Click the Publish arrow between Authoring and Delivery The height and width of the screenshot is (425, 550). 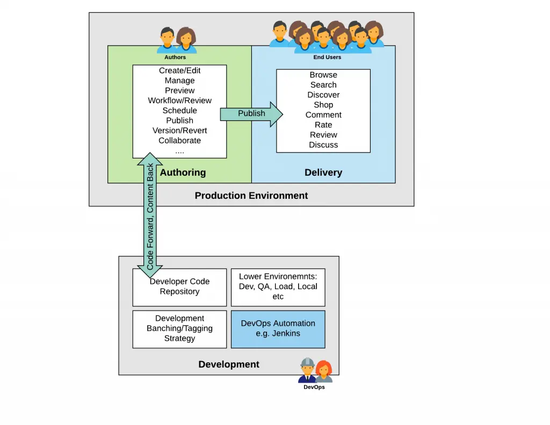point(251,113)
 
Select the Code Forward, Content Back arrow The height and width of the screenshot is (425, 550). point(150,215)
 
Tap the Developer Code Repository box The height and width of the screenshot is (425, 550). point(179,287)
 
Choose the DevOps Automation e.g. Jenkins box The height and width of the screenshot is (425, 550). point(278,329)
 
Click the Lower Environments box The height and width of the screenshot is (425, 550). point(278,287)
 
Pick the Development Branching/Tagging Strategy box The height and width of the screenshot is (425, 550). point(179,329)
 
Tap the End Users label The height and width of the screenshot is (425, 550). point(327,57)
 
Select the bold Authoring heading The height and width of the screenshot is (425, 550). point(183,172)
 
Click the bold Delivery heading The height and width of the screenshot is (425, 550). point(323,172)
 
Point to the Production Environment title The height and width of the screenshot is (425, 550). point(251,196)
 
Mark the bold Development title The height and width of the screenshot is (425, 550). point(229,364)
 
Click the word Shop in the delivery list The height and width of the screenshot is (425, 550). point(323,105)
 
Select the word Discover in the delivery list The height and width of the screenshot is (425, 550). point(323,95)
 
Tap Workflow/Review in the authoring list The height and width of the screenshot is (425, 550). point(180,100)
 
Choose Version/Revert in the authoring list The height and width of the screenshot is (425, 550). point(180,131)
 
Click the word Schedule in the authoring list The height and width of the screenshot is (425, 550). point(180,111)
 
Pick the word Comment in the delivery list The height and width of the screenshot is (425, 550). point(323,115)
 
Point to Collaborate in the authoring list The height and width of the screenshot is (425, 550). point(180,141)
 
